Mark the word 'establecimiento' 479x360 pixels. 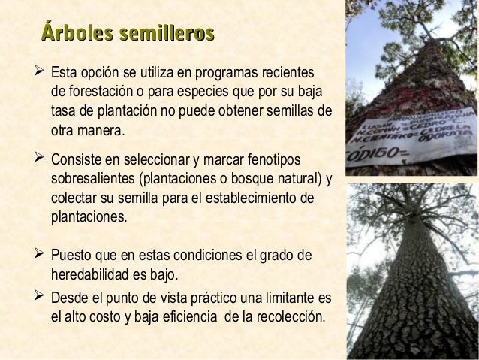[x=274, y=198]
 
